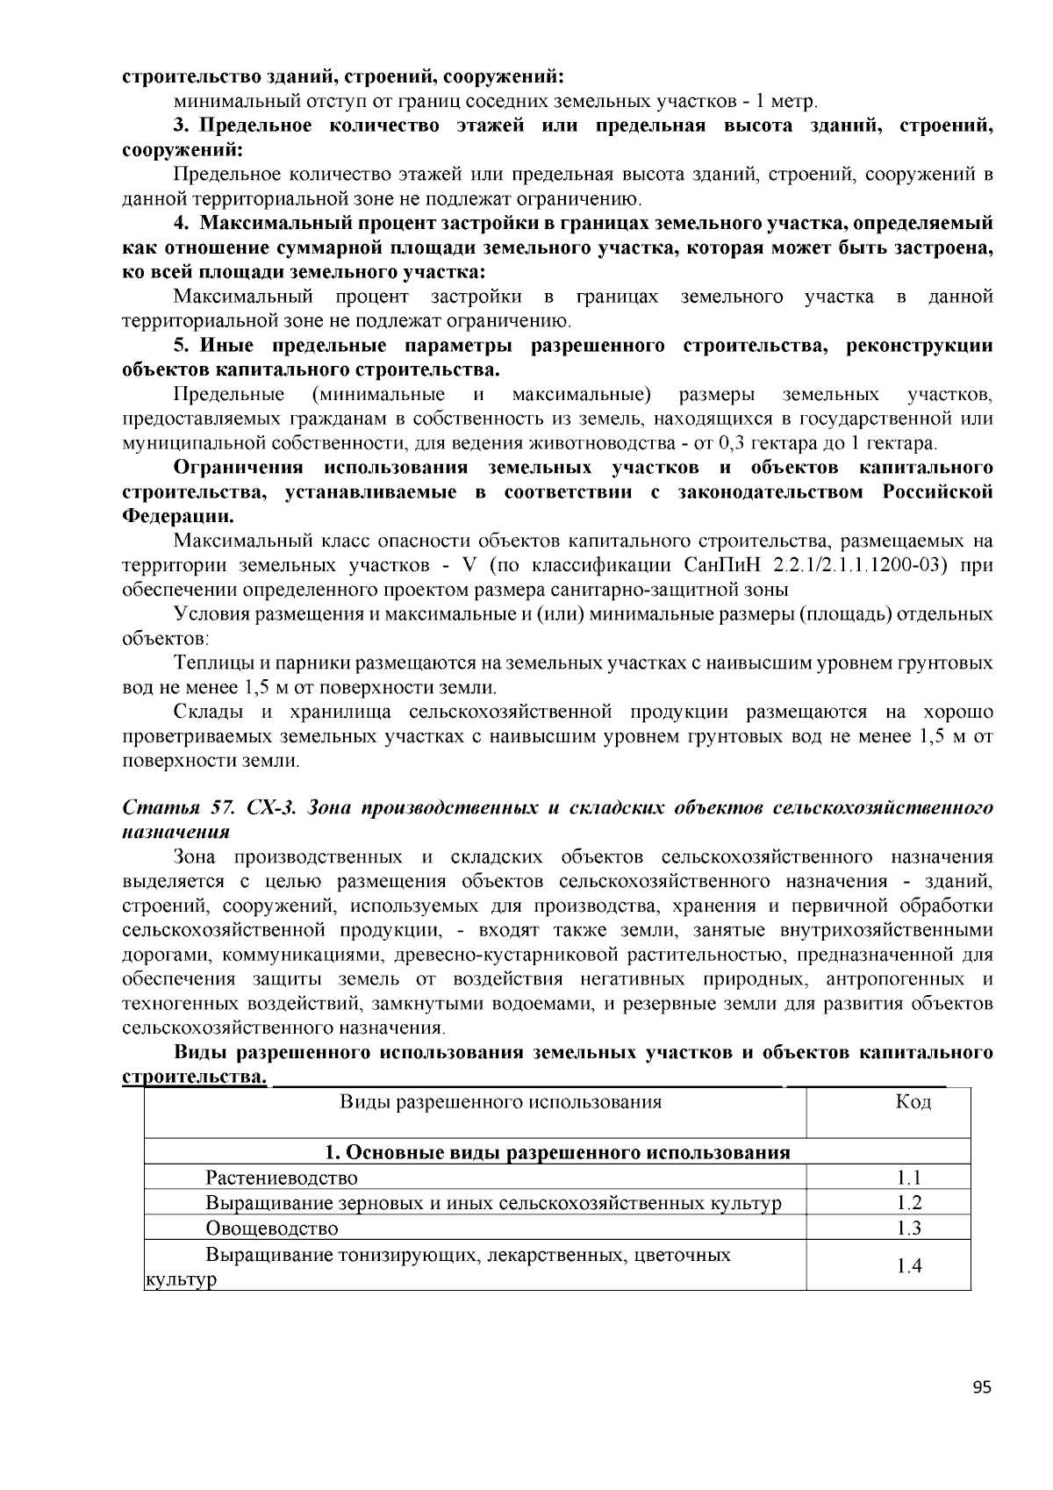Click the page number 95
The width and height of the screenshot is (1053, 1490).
[x=981, y=1387]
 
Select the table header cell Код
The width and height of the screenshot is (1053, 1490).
[x=913, y=1101]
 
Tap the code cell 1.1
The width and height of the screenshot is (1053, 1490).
[x=909, y=1178]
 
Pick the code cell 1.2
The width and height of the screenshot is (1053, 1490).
[x=909, y=1203]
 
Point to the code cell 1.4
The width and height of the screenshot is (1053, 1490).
[x=909, y=1265]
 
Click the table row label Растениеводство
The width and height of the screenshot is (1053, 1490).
[x=282, y=1178]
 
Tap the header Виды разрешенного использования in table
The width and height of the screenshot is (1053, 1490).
[x=500, y=1101]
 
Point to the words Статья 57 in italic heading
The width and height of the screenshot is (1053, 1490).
[x=177, y=807]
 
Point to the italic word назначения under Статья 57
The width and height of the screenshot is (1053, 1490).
[x=175, y=831]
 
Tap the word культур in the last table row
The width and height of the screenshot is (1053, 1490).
[x=180, y=1279]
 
